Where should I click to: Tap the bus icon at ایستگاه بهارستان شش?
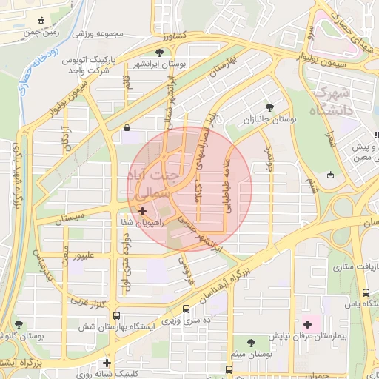click(116, 315)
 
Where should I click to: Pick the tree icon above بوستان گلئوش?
click(19, 324)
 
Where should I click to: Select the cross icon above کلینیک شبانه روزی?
click(107, 363)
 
